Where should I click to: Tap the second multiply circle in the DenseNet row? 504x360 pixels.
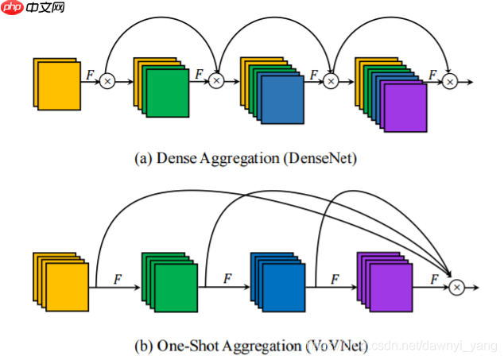215,81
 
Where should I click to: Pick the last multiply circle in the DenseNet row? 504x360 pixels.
450,81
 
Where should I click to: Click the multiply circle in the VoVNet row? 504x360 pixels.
456,287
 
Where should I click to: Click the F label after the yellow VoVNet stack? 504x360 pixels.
118,278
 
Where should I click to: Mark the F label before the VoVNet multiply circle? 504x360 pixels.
433,278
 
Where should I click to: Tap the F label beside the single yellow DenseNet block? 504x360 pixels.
90,73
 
